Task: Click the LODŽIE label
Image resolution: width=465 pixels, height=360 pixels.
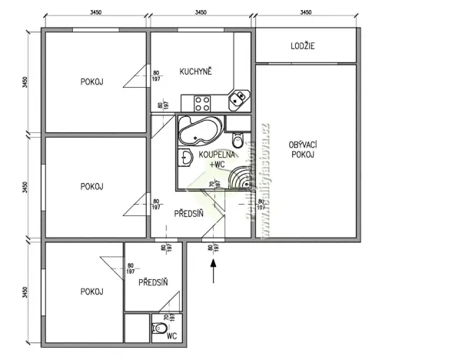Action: coord(302,46)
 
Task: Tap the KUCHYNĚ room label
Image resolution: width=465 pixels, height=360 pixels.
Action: coord(196,72)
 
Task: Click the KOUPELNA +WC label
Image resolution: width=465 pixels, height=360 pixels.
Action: coord(211,159)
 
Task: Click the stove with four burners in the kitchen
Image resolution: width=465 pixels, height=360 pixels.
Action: coord(203,102)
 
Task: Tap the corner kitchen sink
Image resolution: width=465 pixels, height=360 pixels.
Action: coord(240,97)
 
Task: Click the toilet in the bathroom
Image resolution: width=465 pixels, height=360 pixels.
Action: coord(237,141)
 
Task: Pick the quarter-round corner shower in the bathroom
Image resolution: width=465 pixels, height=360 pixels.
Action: coord(245,178)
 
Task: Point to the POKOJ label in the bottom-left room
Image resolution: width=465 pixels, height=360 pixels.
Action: coord(91,292)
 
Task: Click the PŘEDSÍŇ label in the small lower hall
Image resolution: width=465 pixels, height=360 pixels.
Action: coord(154,283)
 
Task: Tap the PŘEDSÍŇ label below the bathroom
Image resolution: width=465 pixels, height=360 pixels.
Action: coord(188,214)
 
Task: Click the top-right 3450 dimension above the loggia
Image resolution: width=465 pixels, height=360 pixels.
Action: coord(305,13)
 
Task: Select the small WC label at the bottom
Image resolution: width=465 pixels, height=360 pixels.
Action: coord(171,336)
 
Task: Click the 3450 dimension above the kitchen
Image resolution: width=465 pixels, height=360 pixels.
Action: coord(200,13)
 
